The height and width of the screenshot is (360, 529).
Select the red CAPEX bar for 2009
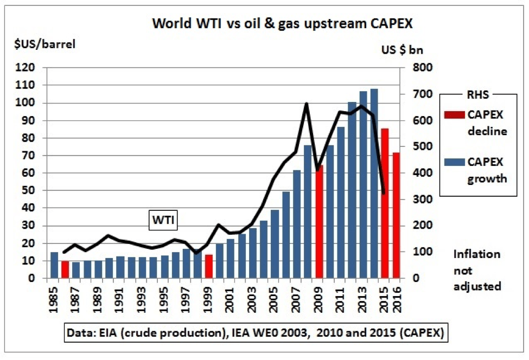[319, 222]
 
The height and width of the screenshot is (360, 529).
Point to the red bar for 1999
[209, 266]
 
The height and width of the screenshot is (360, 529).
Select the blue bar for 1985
[54, 265]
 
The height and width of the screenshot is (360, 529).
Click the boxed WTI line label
[164, 220]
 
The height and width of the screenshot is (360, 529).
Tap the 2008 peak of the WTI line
[307, 104]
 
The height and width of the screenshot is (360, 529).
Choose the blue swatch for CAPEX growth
[456, 162]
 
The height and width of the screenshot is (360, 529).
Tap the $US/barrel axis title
[44, 44]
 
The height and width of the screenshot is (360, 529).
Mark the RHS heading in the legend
[479, 94]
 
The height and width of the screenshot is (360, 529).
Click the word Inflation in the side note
[477, 254]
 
